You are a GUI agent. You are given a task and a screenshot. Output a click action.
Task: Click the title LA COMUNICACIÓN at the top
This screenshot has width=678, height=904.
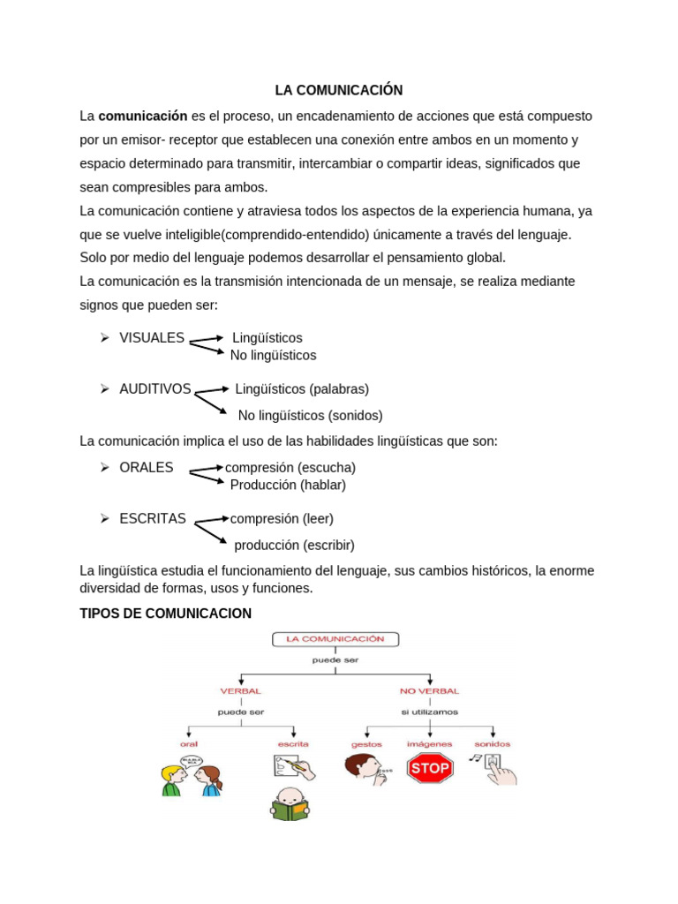click(339, 90)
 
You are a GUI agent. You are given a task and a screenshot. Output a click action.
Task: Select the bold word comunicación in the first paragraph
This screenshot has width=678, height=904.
click(143, 116)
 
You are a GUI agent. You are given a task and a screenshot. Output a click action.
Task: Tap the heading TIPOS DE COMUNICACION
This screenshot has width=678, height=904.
click(166, 613)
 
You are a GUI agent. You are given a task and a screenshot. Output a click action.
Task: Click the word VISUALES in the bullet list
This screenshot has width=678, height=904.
click(152, 337)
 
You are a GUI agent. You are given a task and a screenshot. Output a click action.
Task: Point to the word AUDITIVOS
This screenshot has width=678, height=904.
click(155, 388)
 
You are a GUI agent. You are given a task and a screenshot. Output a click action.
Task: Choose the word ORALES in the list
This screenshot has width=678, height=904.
click(147, 467)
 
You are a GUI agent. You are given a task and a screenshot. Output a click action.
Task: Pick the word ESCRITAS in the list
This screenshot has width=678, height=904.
click(153, 518)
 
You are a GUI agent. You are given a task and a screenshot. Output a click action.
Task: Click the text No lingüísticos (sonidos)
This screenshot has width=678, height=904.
click(310, 415)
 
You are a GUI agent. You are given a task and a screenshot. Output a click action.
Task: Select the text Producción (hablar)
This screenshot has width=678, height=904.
click(288, 485)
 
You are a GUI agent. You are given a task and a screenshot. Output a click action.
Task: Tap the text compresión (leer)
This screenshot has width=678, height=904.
click(282, 518)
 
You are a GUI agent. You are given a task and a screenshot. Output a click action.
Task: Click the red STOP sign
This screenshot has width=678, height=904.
click(430, 768)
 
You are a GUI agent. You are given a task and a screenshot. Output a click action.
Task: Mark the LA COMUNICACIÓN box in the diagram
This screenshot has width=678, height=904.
click(335, 639)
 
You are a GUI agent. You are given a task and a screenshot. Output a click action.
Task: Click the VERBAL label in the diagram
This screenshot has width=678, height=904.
click(240, 690)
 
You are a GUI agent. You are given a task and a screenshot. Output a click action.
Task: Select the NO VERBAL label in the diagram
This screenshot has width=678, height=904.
click(429, 690)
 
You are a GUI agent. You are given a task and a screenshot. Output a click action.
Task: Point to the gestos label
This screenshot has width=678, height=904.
click(366, 744)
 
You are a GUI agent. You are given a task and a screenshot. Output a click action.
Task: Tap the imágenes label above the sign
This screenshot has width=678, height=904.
click(429, 744)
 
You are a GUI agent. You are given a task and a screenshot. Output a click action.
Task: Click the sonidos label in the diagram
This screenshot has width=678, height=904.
click(492, 744)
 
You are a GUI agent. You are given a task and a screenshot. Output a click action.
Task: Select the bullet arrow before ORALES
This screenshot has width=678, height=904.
click(104, 467)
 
